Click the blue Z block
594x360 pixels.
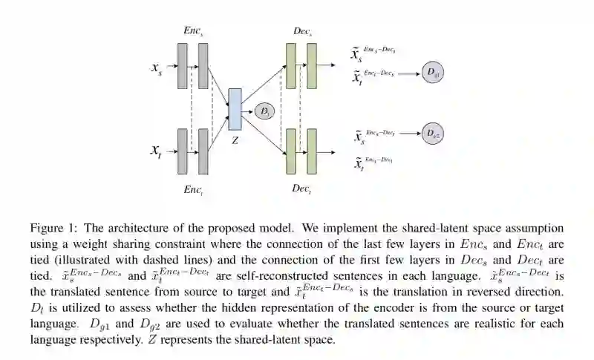(x=235, y=110)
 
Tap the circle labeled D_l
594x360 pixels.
(x=264, y=112)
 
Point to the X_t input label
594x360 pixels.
(x=157, y=151)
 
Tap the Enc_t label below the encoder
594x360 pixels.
(x=193, y=189)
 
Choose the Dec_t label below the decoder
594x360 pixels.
(x=301, y=189)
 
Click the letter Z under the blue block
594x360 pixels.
(x=235, y=140)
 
